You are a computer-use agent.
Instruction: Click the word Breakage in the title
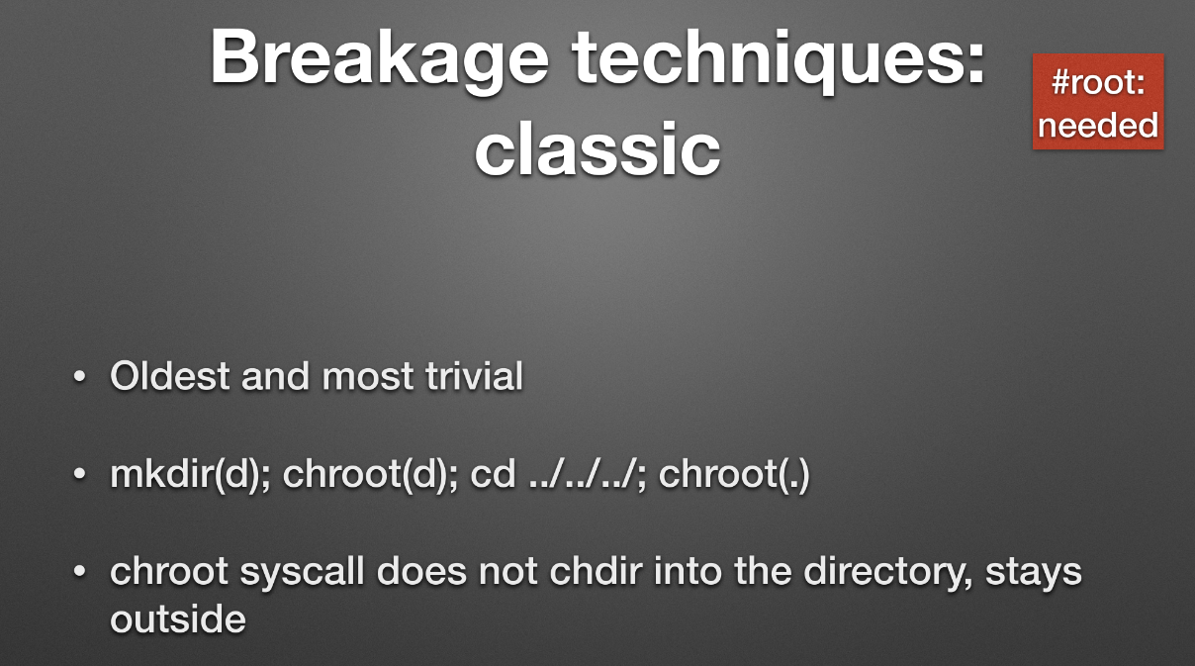(x=379, y=59)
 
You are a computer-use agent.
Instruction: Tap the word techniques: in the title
(x=779, y=59)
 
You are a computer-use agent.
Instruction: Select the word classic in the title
(x=597, y=148)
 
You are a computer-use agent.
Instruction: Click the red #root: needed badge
(x=1098, y=101)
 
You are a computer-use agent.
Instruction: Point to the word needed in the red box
(x=1098, y=126)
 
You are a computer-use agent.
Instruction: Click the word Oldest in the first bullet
(x=169, y=376)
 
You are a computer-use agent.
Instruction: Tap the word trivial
(x=474, y=376)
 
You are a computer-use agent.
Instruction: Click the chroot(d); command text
(x=370, y=474)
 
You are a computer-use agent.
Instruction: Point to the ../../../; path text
(x=588, y=474)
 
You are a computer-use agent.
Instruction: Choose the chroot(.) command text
(x=734, y=474)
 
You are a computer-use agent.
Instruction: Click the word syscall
(x=302, y=572)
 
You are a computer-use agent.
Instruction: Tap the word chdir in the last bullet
(x=596, y=571)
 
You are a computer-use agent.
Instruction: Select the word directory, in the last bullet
(x=887, y=572)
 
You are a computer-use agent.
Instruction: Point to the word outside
(x=178, y=619)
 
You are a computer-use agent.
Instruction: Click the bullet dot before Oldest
(x=79, y=376)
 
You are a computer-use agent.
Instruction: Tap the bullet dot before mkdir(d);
(x=79, y=474)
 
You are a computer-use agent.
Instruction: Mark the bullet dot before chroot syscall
(x=79, y=572)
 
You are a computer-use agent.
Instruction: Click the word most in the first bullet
(x=368, y=377)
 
